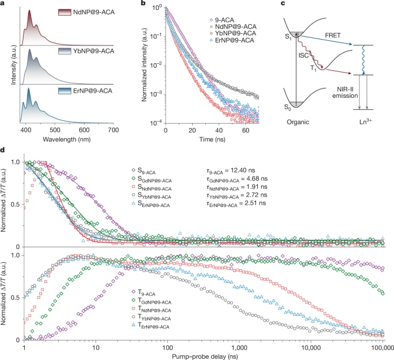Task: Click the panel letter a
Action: pos(4,5)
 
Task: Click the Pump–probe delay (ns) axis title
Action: pos(203,357)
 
